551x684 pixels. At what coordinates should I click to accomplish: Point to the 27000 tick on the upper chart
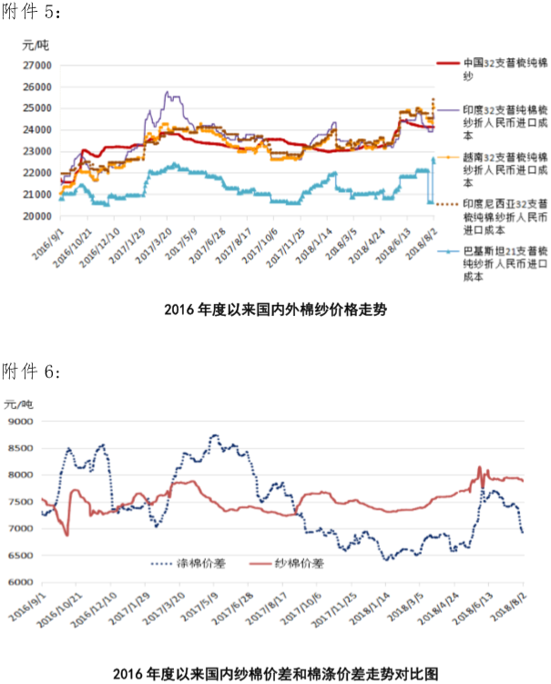[x=36, y=66]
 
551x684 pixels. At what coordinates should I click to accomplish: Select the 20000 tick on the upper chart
[x=36, y=217]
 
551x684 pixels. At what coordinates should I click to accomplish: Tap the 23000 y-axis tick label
[x=36, y=152]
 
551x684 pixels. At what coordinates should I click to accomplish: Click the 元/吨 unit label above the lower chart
[x=18, y=403]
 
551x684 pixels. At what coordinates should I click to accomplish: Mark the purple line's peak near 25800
[x=167, y=92]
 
